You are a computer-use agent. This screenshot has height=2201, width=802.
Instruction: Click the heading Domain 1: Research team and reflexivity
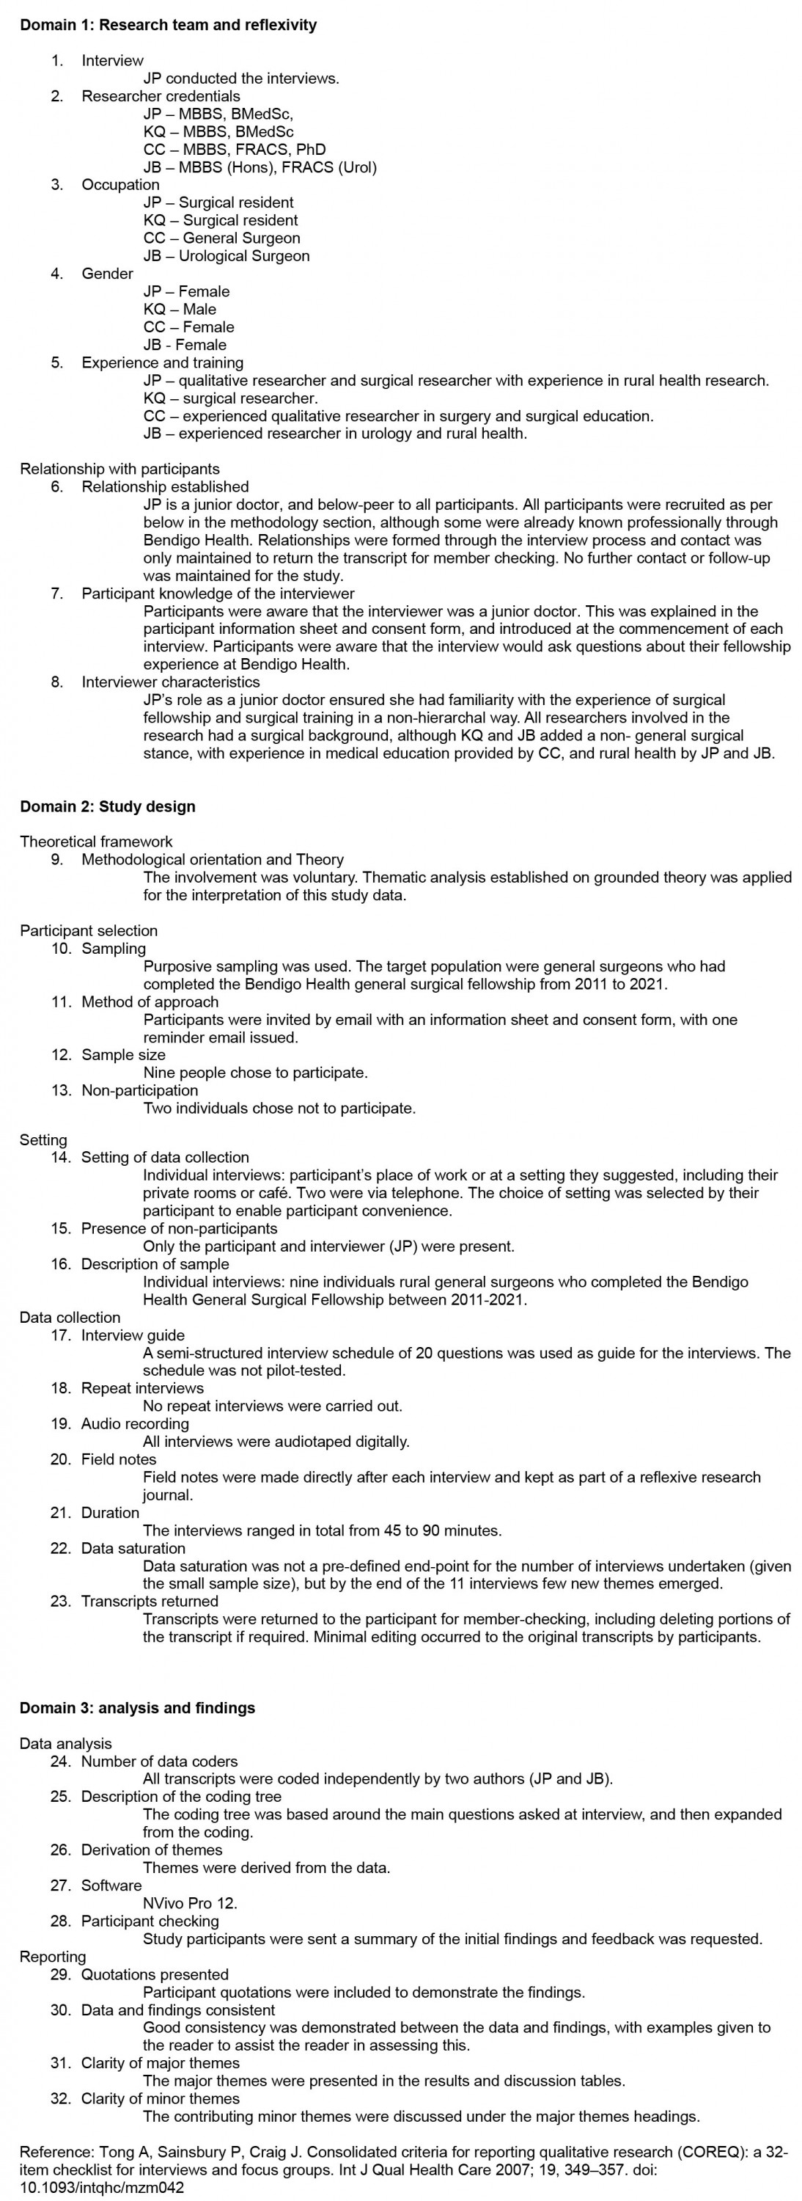click(169, 25)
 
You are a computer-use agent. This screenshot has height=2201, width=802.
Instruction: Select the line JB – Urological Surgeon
click(227, 255)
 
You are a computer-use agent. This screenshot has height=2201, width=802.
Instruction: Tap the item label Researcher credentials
click(161, 95)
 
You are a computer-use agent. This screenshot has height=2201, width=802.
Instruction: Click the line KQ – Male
click(180, 310)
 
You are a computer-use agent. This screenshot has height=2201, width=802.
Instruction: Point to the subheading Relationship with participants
click(119, 468)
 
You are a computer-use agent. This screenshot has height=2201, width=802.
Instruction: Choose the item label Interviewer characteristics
click(171, 682)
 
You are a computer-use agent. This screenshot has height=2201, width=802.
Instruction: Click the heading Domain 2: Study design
click(108, 806)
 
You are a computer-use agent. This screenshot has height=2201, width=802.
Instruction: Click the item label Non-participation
click(139, 1090)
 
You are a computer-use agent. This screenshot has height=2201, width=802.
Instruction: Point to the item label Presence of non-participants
click(180, 1229)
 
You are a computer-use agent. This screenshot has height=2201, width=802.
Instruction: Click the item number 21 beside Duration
click(60, 1512)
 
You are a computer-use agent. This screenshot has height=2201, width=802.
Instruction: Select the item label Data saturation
click(133, 1548)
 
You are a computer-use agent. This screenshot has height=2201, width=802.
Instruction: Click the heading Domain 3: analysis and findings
click(138, 1708)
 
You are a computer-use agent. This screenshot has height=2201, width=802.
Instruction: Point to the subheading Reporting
click(53, 1957)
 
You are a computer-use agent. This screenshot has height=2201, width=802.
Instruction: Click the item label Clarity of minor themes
click(161, 2098)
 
